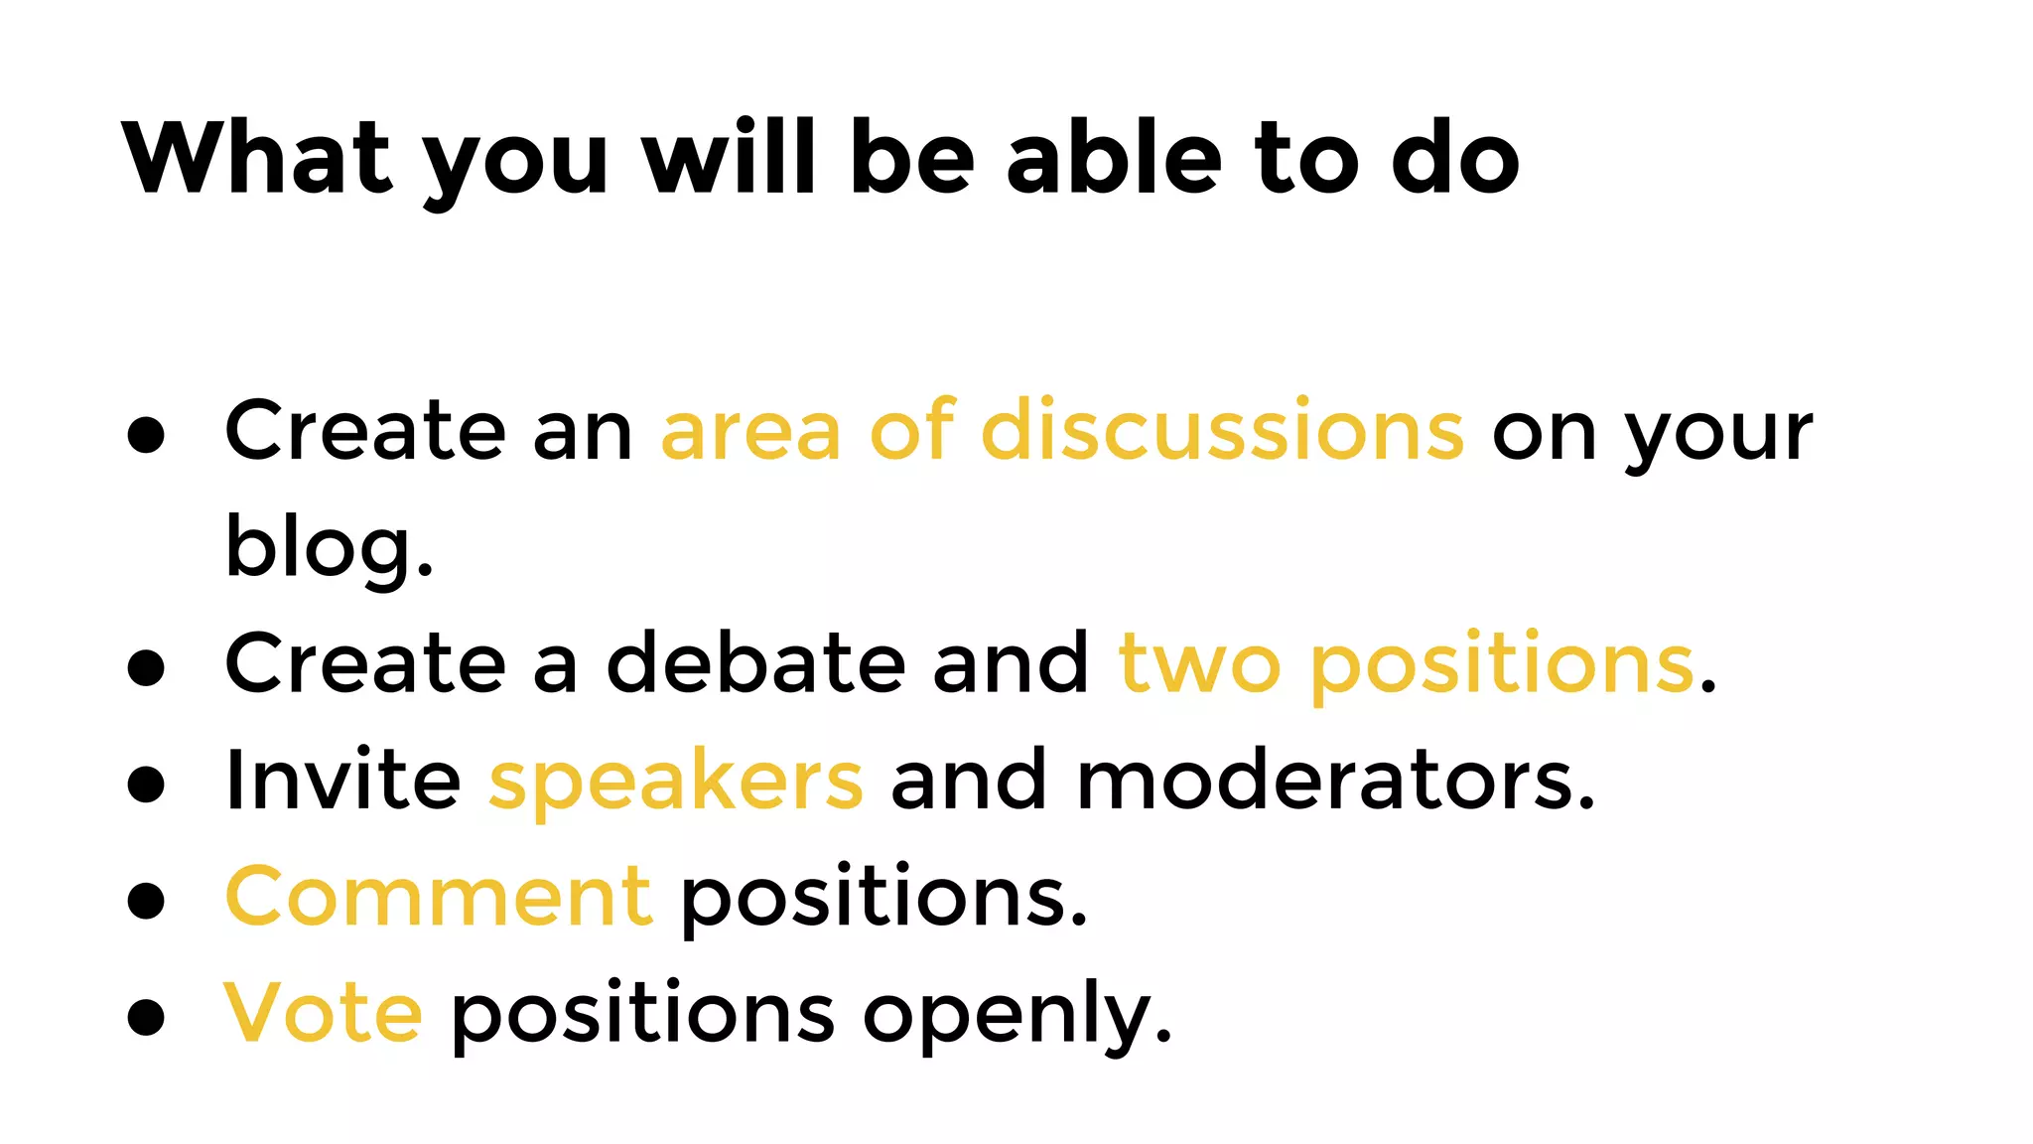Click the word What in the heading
(257, 159)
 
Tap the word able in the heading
(1114, 159)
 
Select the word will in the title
(730, 159)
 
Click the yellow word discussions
(1222, 431)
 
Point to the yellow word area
(751, 433)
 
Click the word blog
(329, 547)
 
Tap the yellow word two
(1199, 664)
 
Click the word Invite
(342, 781)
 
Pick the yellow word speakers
(676, 783)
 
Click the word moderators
(1335, 781)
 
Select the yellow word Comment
(439, 897)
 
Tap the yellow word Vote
(324, 1013)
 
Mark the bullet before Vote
(146, 1017)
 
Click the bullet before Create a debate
(146, 667)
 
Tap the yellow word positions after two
(1502, 664)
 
